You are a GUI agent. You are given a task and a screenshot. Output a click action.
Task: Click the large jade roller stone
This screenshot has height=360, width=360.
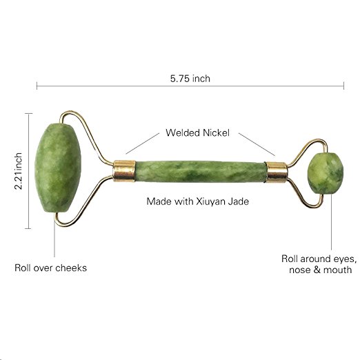(58, 168)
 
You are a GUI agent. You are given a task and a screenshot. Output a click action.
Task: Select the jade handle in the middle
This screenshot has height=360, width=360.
(201, 172)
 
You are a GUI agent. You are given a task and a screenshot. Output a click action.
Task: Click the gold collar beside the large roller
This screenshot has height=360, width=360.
(124, 171)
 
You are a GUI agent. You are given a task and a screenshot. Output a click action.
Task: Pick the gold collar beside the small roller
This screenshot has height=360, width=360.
(277, 172)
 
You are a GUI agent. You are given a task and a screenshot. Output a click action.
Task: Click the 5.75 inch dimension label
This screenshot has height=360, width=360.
(190, 79)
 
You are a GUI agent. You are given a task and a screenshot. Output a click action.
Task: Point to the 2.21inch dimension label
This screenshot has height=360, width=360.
(18, 171)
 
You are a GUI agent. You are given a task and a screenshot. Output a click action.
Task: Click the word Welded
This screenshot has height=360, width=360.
(183, 132)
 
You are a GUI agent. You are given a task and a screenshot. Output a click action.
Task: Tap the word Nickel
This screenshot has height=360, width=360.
(216, 132)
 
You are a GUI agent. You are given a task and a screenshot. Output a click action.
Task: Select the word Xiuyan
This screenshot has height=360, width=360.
(210, 201)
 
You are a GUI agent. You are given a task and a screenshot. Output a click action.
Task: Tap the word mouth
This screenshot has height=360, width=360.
(337, 270)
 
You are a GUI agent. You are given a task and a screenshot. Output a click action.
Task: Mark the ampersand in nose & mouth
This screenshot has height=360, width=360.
(317, 270)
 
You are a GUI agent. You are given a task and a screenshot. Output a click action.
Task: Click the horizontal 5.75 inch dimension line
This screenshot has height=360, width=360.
(190, 86)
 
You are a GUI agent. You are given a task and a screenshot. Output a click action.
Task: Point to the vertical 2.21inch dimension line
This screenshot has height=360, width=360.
(28, 171)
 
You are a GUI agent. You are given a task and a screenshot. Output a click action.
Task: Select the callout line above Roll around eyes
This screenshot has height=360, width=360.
(331, 222)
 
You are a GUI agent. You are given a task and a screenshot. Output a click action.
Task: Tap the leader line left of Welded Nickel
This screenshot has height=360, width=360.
(143, 143)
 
